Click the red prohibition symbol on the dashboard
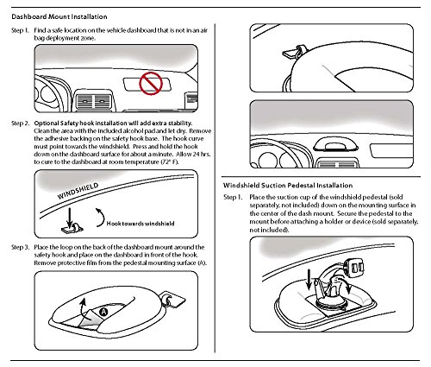point(151,84)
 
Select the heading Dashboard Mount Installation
point(59,16)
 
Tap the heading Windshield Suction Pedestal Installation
point(288,186)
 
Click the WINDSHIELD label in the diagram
point(78,191)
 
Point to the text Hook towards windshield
point(141,224)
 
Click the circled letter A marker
point(103,312)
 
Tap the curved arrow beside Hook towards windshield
point(101,218)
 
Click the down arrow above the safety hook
point(70,218)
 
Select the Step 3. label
point(20,247)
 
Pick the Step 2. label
point(20,123)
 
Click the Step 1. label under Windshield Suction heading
point(233,198)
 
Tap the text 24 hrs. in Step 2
point(201,155)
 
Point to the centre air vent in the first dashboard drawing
point(94,102)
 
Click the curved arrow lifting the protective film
point(83,308)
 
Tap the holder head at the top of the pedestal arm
point(354,268)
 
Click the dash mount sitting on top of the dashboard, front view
point(335,145)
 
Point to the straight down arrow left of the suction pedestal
point(309,279)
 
